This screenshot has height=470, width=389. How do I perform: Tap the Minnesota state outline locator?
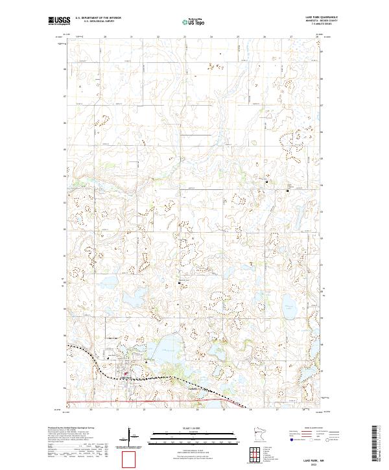pos(263,433)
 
